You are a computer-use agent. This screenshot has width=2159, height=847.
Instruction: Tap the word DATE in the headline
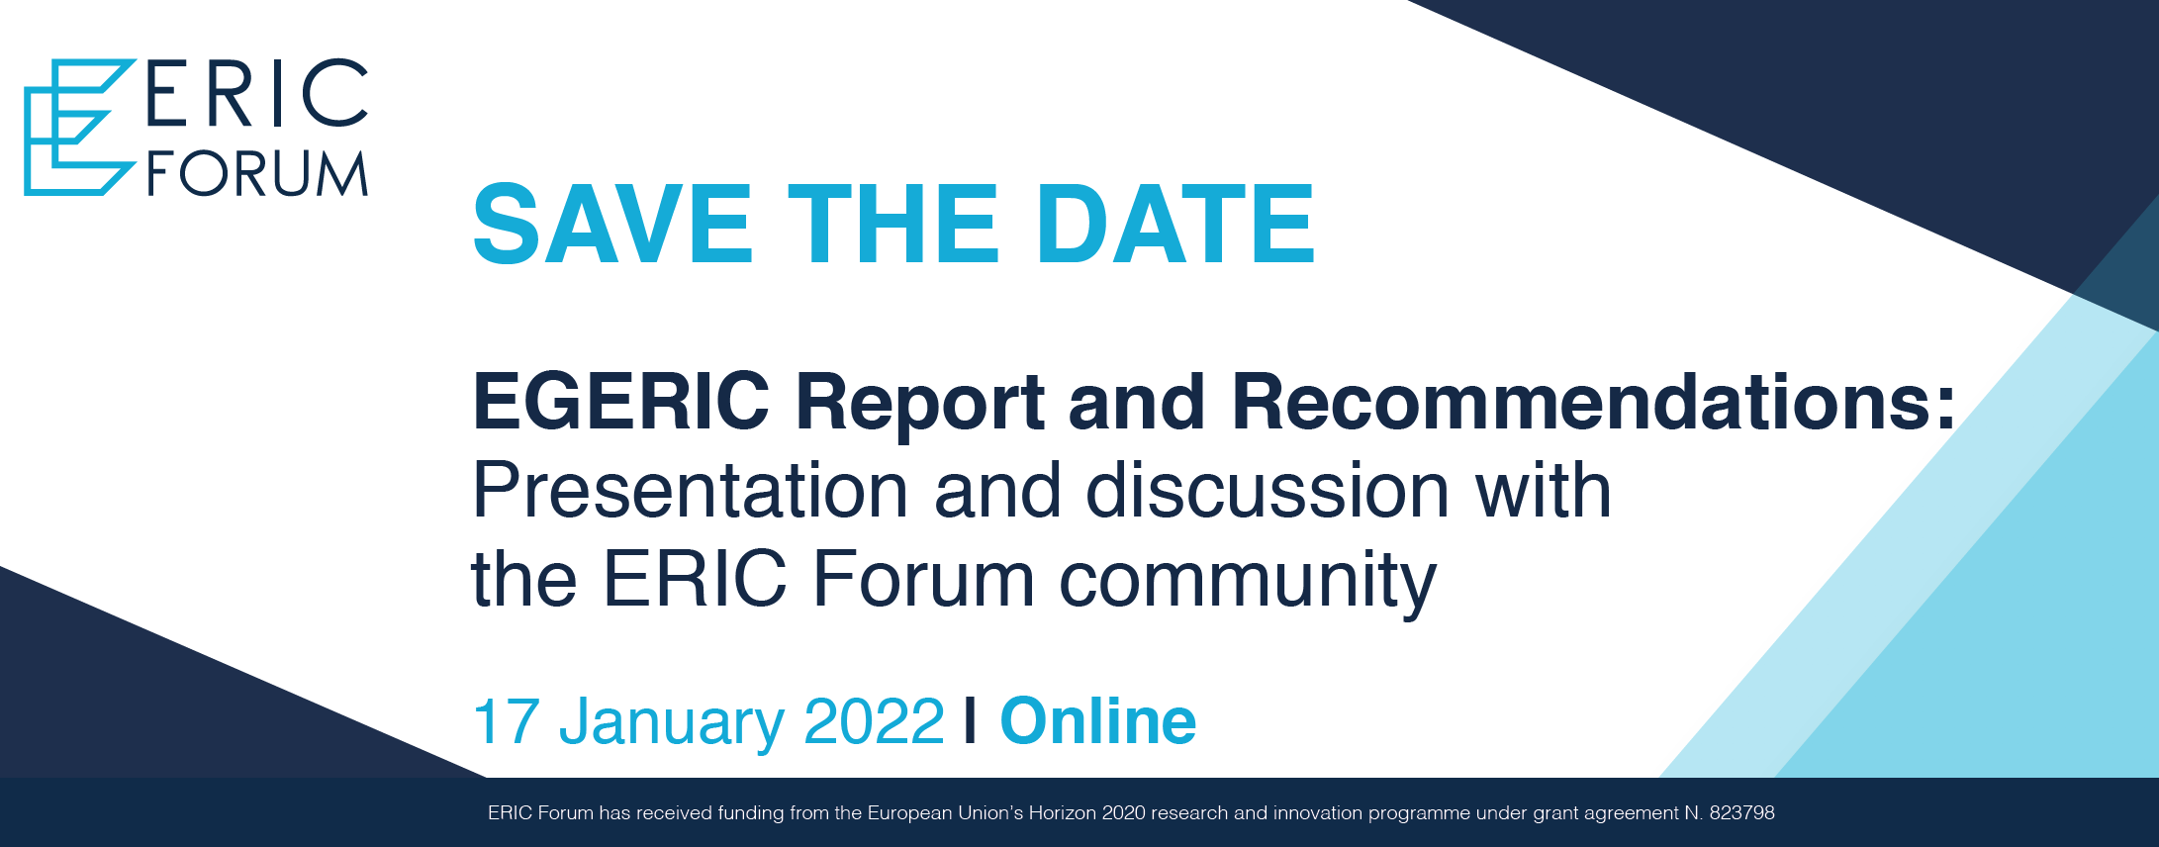tap(1175, 225)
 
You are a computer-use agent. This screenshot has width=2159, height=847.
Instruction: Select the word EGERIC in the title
tap(620, 402)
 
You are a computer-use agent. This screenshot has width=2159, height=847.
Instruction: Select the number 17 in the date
tap(506, 721)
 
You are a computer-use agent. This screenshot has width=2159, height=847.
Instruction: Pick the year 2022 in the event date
tap(875, 721)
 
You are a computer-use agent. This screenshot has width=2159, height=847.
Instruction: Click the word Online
tap(1098, 720)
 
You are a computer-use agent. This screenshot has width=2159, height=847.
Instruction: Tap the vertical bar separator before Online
tap(971, 721)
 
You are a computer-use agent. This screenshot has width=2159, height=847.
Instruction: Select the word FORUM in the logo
tap(257, 174)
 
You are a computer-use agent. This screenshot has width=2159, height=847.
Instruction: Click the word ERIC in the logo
tap(257, 94)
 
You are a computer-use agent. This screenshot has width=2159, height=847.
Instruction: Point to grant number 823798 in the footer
tap(1741, 813)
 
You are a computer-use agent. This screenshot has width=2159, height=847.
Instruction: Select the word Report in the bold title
tap(920, 404)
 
